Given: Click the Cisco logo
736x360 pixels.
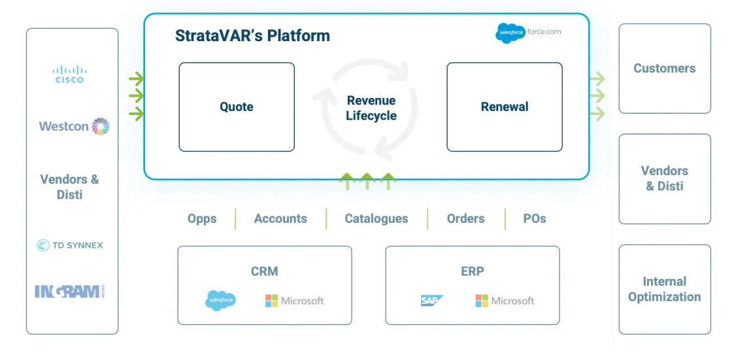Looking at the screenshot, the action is point(69,74).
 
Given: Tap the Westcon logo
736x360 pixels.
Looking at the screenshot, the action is point(74,126).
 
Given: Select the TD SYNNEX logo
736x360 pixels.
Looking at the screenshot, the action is point(70,245).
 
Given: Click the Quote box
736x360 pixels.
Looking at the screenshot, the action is point(237,107).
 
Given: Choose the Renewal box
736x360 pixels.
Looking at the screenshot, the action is point(505,107).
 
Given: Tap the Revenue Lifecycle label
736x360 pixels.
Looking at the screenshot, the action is point(371,108).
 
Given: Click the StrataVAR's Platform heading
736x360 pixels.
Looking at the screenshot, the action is point(252,36).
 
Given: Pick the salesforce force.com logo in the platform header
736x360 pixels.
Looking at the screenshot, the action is point(528,33).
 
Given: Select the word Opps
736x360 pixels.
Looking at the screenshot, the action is point(202,219).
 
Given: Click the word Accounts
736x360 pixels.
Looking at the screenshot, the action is point(280,219).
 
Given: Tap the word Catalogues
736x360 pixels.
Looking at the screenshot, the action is point(376,219).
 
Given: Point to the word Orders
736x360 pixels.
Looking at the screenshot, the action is point(465,219).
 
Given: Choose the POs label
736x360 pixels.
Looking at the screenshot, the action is point(535,219).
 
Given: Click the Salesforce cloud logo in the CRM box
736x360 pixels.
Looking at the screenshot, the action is point(221,301).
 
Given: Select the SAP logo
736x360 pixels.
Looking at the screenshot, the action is point(432,301).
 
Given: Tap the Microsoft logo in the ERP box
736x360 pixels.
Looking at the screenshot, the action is point(505,301).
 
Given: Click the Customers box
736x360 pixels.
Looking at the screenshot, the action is point(665,69).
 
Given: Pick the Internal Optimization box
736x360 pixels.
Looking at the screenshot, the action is point(665,289).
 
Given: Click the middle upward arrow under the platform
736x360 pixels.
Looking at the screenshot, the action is point(367,181).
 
